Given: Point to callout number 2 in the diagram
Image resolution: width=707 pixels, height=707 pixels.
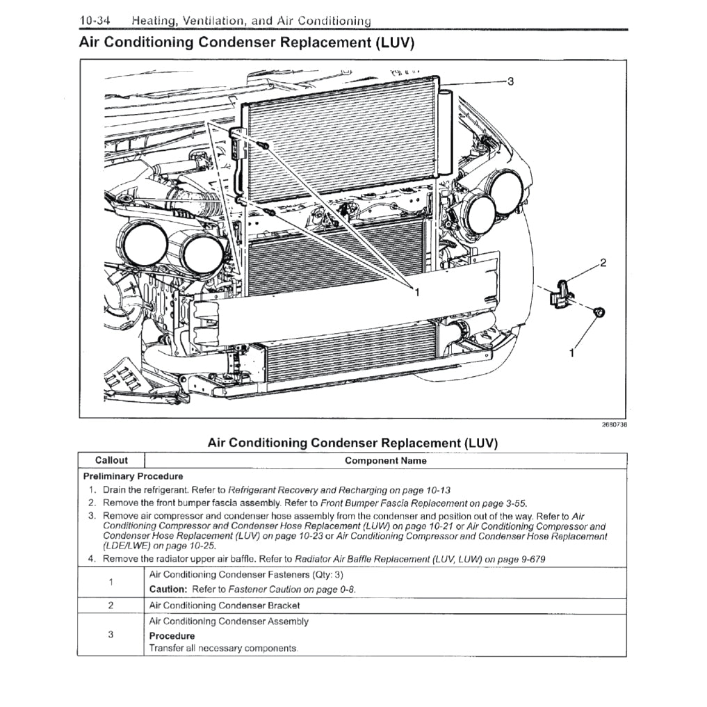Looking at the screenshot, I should [x=603, y=263].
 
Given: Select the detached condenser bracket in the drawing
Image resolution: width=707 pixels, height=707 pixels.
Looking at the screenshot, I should [x=561, y=293].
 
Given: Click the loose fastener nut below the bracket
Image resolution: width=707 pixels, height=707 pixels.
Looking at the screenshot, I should [x=597, y=312].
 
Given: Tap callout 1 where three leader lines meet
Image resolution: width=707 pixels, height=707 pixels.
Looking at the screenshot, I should [x=416, y=293].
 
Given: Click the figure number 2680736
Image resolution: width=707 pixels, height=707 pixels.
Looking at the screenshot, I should [x=614, y=424].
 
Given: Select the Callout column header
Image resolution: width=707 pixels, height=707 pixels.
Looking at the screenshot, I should [x=111, y=460].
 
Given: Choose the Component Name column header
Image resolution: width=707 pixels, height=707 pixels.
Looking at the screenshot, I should [x=386, y=460].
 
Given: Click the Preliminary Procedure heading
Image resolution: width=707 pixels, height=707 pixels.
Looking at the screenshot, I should [x=133, y=476].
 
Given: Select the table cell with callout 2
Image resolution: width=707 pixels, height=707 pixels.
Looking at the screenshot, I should [x=111, y=605].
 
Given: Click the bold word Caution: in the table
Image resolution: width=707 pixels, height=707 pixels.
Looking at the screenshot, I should [x=169, y=590].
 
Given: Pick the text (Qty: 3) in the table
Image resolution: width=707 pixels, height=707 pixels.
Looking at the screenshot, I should [x=327, y=575].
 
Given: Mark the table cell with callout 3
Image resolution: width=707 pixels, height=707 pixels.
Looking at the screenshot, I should [x=111, y=635].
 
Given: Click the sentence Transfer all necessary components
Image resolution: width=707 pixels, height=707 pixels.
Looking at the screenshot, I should [x=223, y=649].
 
